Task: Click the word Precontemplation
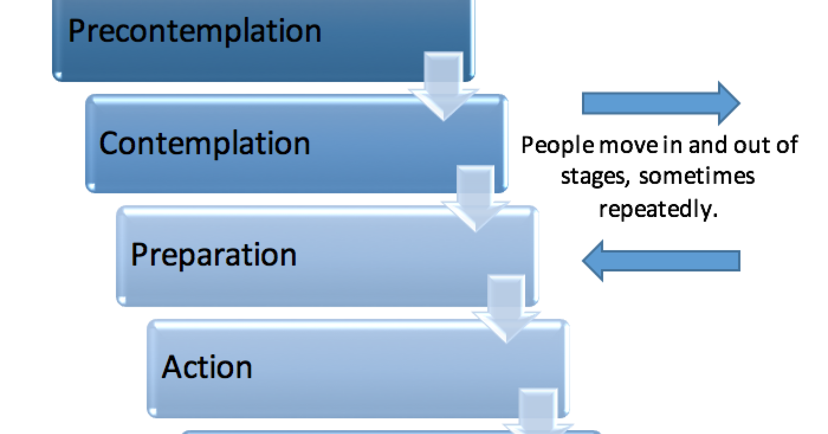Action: tap(195, 31)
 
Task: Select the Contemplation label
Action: tap(204, 144)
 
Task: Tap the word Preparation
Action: tap(214, 255)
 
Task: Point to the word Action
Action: tap(207, 367)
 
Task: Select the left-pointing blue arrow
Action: tap(661, 261)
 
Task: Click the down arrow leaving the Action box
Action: tap(538, 412)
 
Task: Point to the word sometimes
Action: tap(697, 176)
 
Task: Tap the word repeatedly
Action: tap(658, 209)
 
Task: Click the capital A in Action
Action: tap(171, 367)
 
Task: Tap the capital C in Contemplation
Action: tap(108, 144)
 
